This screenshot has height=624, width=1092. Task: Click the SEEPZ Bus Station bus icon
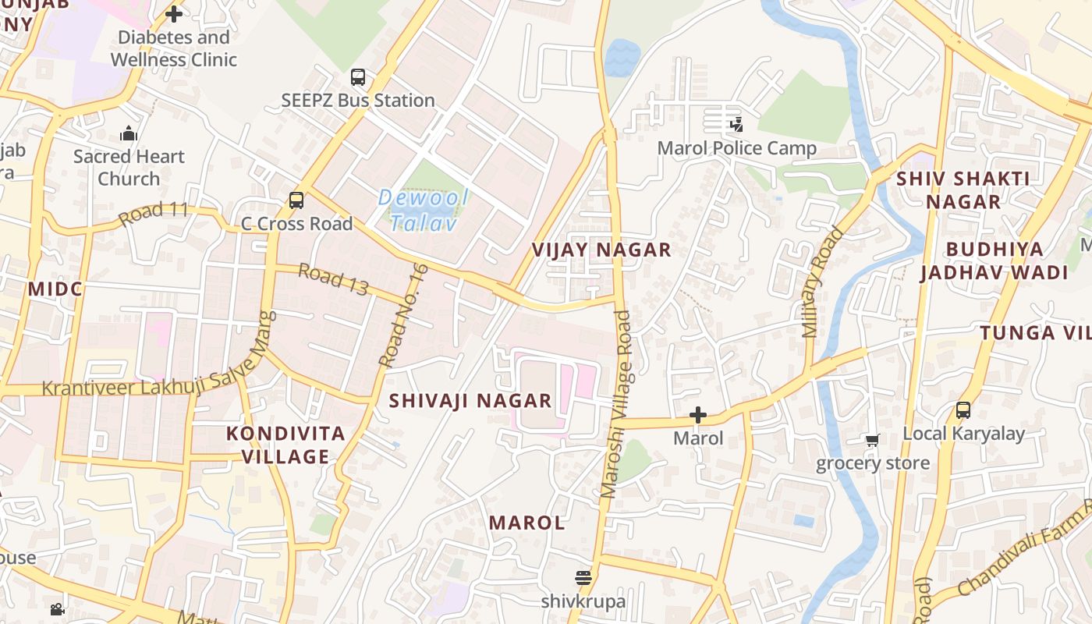point(358,77)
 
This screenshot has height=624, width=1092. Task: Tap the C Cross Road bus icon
point(296,200)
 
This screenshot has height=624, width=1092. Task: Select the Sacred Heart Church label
point(129,167)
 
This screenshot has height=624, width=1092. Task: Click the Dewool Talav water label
point(423,210)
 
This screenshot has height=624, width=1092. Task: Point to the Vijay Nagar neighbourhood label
point(601,250)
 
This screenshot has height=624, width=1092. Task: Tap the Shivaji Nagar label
point(470,401)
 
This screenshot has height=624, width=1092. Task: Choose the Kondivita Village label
point(285,445)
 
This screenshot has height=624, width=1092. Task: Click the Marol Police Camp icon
point(736,124)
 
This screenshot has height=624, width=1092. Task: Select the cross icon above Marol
point(698,415)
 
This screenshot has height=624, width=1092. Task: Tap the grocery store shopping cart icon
point(872,441)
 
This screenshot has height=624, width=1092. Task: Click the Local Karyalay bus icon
point(963,410)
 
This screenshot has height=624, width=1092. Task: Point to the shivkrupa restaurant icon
point(583,578)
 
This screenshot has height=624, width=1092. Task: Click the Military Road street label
point(822,282)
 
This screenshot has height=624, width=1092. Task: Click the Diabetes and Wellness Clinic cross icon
point(174,14)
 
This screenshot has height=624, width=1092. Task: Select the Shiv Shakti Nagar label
point(963,190)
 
